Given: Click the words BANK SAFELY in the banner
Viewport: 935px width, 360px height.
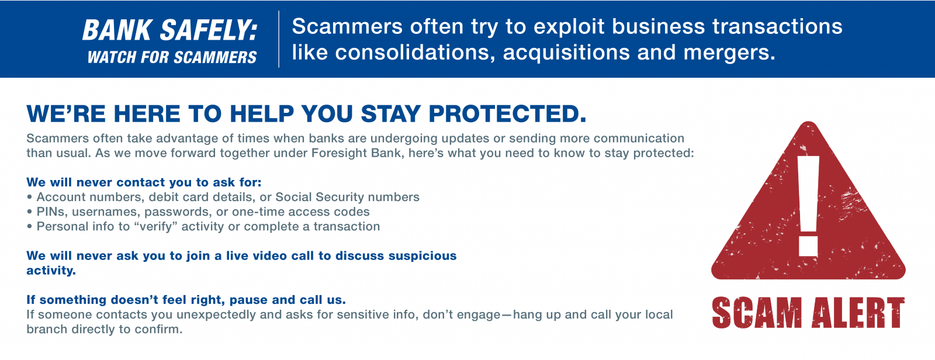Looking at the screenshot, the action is [x=169, y=30].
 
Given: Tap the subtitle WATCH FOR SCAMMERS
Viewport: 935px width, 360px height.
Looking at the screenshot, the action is [x=172, y=57].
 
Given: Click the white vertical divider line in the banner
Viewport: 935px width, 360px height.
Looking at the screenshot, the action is [x=279, y=39].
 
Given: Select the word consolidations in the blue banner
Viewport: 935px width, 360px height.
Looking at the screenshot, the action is [x=415, y=53].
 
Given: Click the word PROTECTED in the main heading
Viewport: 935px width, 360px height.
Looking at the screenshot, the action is [x=507, y=113].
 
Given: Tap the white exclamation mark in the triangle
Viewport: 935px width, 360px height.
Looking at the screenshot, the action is [x=808, y=206].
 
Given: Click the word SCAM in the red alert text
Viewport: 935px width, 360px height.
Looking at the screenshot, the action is [x=757, y=313].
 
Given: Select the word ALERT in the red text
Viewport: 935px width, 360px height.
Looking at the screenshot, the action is [x=858, y=313].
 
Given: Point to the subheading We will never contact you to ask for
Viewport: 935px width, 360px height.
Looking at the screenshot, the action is [x=144, y=182].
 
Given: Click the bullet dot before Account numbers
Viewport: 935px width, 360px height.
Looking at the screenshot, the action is [x=29, y=197].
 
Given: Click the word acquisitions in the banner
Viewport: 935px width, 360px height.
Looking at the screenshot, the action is [x=567, y=53].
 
